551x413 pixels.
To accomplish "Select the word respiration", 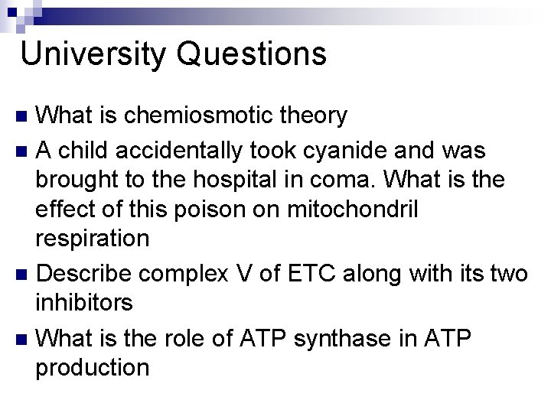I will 93,239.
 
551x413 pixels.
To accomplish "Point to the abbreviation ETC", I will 327,272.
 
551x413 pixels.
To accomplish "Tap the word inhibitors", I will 85,303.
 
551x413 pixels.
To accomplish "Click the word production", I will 93,368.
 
